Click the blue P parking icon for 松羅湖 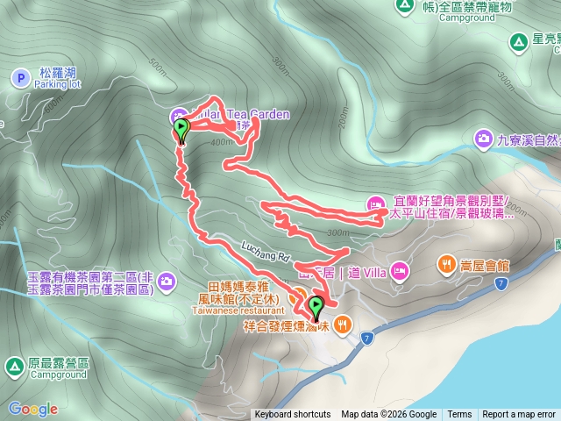20,78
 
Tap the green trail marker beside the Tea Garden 181,130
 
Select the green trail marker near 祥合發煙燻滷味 316,308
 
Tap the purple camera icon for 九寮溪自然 484,139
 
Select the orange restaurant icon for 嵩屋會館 447,262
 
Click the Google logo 33,409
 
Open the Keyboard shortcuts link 293,415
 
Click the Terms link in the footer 459,415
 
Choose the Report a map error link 519,415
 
